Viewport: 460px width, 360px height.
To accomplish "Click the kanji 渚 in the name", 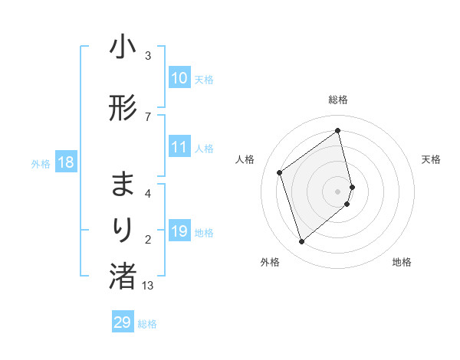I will click(123, 276).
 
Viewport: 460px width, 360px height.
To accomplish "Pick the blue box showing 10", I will click(179, 78).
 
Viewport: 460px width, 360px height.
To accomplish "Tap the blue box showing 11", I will click(179, 147).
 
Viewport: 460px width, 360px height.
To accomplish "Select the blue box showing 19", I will click(179, 231).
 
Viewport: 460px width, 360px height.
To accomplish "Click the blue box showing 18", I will click(65, 162).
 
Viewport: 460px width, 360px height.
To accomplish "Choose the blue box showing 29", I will click(123, 322).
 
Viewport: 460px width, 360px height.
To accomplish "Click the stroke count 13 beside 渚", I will click(148, 286).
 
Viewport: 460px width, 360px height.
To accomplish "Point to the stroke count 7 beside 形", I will click(148, 116).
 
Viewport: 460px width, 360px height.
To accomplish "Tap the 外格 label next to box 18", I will click(41, 163).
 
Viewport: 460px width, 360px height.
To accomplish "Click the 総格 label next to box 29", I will click(147, 324).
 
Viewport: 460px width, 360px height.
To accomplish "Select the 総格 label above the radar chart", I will click(338, 100).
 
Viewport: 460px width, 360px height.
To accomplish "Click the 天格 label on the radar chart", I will click(431, 159).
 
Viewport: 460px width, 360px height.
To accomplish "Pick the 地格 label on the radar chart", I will click(402, 262).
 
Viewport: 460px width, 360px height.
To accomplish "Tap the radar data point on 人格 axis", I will click(280, 172).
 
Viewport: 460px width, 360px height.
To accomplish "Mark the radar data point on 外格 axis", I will click(301, 242).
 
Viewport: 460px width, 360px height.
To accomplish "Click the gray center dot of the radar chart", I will click(338, 191).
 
